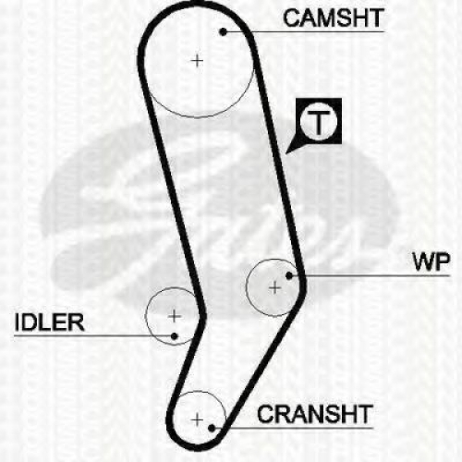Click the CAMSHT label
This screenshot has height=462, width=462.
tap(334, 18)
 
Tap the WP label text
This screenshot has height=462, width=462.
tap(432, 261)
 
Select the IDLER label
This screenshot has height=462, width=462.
tap(49, 322)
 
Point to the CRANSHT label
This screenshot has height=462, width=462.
tap(315, 414)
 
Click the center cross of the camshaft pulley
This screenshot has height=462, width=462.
tap(197, 61)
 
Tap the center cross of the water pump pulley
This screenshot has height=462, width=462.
tap(274, 287)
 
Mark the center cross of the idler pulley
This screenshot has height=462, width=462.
tap(175, 316)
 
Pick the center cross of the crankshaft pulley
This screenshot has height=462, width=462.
tap(197, 419)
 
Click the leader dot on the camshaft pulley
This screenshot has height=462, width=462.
tap(223, 31)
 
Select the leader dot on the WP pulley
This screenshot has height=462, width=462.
tap(289, 275)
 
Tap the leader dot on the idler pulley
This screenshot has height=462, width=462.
tap(174, 336)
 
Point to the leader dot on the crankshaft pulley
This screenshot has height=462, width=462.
tap(212, 428)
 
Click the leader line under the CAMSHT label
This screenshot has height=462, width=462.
tap(304, 31)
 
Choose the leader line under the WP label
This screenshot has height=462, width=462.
tap(370, 275)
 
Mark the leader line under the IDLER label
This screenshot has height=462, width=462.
tap(94, 335)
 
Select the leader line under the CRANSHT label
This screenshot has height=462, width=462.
tap(293, 428)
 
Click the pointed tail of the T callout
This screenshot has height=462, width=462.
tap(286, 152)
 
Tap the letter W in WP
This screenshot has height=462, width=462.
tap(424, 261)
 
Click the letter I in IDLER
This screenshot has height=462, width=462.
tap(17, 322)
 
